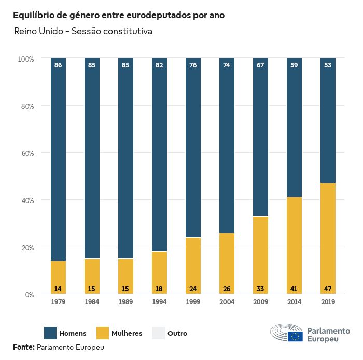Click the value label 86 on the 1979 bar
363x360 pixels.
coord(58,65)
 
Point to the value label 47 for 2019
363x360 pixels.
coord(328,288)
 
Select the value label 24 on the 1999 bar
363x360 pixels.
coord(193,288)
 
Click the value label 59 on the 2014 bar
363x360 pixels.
coord(294,65)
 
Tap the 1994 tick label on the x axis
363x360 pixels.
coord(159,302)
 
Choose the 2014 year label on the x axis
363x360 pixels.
coord(294,302)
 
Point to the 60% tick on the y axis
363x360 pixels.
coord(26,153)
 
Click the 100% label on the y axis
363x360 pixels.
coord(25,59)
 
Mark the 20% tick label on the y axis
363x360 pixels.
coord(26,248)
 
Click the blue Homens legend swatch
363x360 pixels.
coord(50,333)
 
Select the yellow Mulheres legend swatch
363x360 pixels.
coord(102,333)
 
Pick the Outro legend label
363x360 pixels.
coord(177,333)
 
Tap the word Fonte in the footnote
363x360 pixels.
coord(23,347)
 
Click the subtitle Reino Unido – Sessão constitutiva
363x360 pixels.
coord(82,32)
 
